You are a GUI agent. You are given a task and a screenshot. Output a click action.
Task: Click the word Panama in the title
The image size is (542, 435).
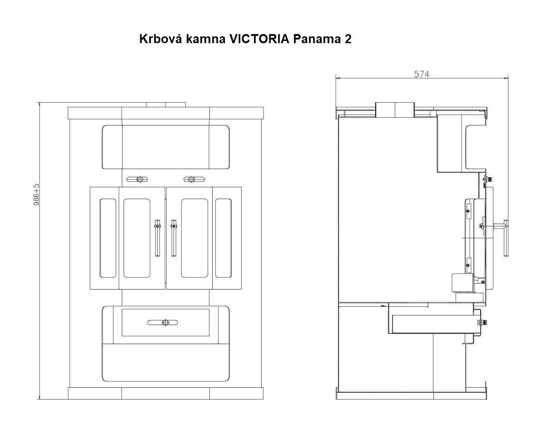(314, 39)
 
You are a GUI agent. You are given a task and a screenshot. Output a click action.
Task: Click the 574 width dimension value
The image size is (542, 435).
(421, 74)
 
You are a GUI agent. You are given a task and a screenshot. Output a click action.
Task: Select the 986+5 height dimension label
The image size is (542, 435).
(37, 195)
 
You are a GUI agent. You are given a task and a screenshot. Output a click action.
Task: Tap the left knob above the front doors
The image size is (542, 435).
(140, 179)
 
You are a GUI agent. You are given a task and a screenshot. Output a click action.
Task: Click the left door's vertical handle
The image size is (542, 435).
(158, 237)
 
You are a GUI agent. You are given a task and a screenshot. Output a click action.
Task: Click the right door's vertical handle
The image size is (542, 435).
(173, 237)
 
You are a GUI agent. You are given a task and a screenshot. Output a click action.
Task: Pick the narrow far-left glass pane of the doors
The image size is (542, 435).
(108, 238)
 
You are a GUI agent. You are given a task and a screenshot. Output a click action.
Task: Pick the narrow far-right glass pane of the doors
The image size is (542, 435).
(223, 238)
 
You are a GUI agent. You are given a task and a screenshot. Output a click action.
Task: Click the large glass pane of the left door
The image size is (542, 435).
(137, 238)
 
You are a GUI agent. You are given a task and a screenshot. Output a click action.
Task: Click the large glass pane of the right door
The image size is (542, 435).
(194, 238)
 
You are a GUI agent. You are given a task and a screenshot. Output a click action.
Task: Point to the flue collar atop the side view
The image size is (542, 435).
(395, 110)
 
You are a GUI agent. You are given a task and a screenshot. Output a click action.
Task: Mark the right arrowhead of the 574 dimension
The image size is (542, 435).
(506, 78)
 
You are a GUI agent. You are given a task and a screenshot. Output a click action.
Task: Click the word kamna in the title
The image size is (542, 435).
(205, 39)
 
